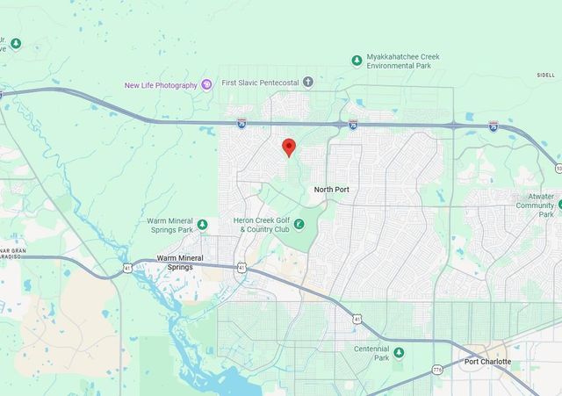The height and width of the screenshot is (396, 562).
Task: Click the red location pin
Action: tap(288, 147)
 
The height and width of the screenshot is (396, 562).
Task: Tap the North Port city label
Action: tap(333, 189)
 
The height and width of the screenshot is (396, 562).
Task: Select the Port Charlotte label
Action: tap(487, 362)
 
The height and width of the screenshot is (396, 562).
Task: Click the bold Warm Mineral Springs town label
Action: tap(180, 262)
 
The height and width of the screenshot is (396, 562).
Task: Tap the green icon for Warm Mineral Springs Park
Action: tap(203, 225)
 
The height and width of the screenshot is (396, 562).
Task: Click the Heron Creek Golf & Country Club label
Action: tap(262, 225)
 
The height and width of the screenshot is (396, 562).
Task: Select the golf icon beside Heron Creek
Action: tap(299, 225)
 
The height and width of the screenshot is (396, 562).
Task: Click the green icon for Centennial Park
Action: tap(399, 353)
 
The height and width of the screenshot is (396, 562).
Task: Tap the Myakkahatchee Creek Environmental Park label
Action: tap(403, 61)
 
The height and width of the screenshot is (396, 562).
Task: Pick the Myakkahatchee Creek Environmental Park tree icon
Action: tap(357, 61)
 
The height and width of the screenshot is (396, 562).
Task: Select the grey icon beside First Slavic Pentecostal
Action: tap(307, 83)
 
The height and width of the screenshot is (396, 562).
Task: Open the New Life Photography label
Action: tap(161, 85)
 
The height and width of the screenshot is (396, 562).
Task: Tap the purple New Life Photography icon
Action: tap(206, 84)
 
